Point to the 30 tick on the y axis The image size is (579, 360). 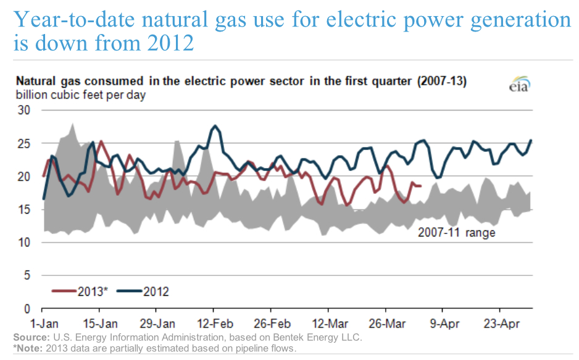pyautogui.click(x=25, y=110)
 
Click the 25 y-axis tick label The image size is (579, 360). pyautogui.click(x=25, y=143)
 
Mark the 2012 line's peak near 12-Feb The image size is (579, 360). pyautogui.click(x=215, y=126)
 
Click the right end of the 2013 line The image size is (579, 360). pyautogui.click(x=421, y=186)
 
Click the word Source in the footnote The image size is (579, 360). pyautogui.click(x=29, y=338)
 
